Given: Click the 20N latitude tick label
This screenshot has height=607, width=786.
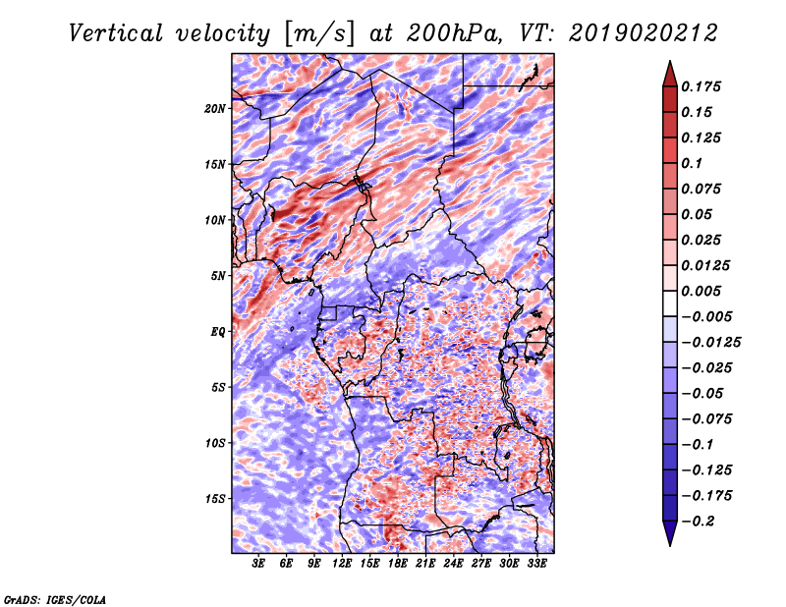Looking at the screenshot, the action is [x=215, y=108].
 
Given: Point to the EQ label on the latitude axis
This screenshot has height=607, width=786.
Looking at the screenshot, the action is [x=218, y=332].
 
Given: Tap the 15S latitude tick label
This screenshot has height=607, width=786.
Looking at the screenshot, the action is [x=215, y=499].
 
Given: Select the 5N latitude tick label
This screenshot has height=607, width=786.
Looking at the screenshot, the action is [x=218, y=276].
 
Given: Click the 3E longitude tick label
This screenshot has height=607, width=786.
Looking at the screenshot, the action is [x=258, y=564].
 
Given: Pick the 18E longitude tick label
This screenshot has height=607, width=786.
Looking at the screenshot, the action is [x=398, y=564].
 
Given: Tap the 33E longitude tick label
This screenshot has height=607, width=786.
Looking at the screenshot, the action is [x=536, y=564].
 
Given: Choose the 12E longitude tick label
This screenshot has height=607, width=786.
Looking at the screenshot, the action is [x=342, y=564].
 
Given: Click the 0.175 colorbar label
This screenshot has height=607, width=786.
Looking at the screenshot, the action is [x=701, y=86].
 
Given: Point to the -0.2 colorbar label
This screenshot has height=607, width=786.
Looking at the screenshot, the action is [x=698, y=522].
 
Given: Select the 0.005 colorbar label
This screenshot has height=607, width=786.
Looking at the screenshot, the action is [x=701, y=291].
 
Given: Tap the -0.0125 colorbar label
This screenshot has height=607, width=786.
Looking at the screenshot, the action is [x=710, y=343].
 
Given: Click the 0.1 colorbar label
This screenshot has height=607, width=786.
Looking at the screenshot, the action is [x=692, y=163].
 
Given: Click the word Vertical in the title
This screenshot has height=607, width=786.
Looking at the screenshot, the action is [x=116, y=33].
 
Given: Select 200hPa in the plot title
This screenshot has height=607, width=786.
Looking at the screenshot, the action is [x=454, y=33].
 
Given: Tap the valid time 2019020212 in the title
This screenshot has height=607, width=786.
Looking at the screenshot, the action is [x=644, y=33].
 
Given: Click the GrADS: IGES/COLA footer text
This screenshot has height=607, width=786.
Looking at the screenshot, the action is [x=55, y=600].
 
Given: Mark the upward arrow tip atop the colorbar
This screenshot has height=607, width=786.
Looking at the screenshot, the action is [x=670, y=61].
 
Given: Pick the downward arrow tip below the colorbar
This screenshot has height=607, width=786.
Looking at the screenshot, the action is [x=670, y=545].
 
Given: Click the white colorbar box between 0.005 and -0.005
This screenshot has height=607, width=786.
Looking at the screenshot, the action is [x=670, y=303].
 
